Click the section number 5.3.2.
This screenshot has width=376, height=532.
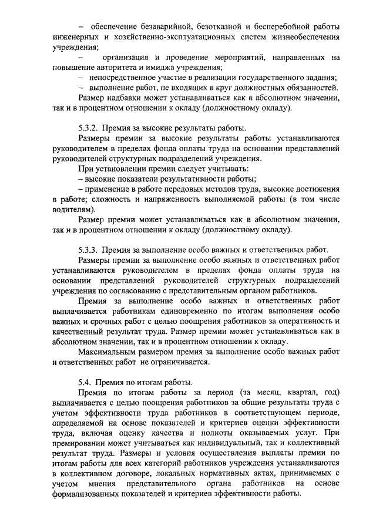[x=88, y=128]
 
